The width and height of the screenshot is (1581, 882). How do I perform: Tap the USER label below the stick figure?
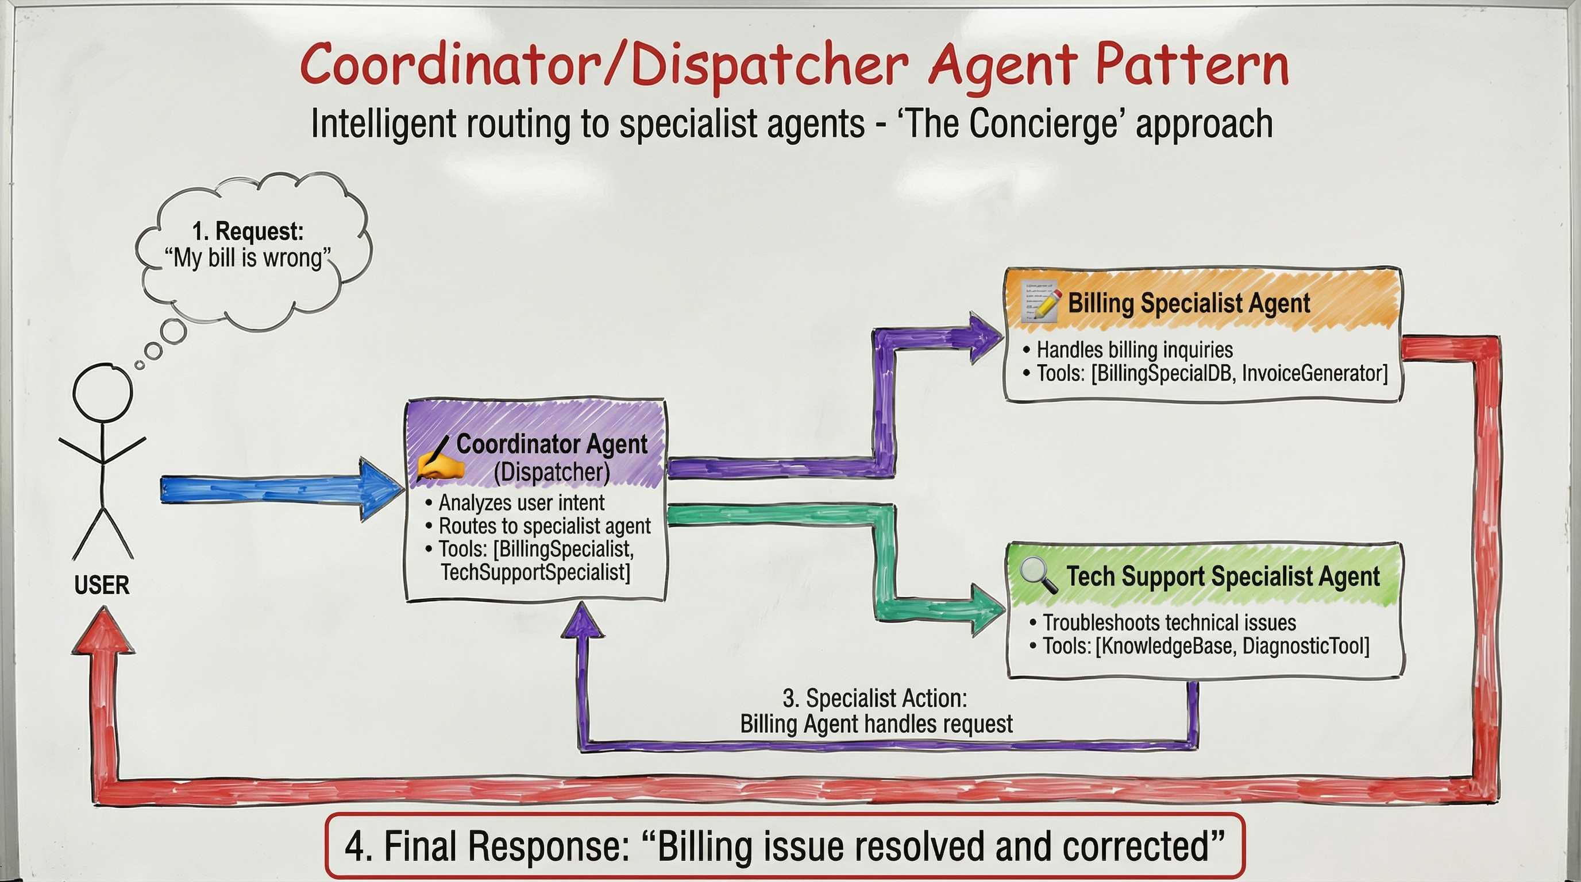click(x=102, y=585)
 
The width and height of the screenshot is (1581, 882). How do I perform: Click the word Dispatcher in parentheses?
click(x=552, y=472)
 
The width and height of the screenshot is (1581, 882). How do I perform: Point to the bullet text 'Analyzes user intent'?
click(x=521, y=503)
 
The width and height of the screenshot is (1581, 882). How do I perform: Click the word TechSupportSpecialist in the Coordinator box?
click(x=535, y=572)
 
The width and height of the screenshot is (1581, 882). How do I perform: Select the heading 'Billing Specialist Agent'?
click(x=1189, y=303)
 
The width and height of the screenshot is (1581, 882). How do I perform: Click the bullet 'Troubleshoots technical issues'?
click(x=1169, y=622)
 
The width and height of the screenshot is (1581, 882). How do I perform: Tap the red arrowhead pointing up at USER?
click(x=103, y=633)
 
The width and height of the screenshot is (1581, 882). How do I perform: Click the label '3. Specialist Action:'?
click(x=874, y=699)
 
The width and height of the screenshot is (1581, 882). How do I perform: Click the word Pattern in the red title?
click(x=1191, y=65)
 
